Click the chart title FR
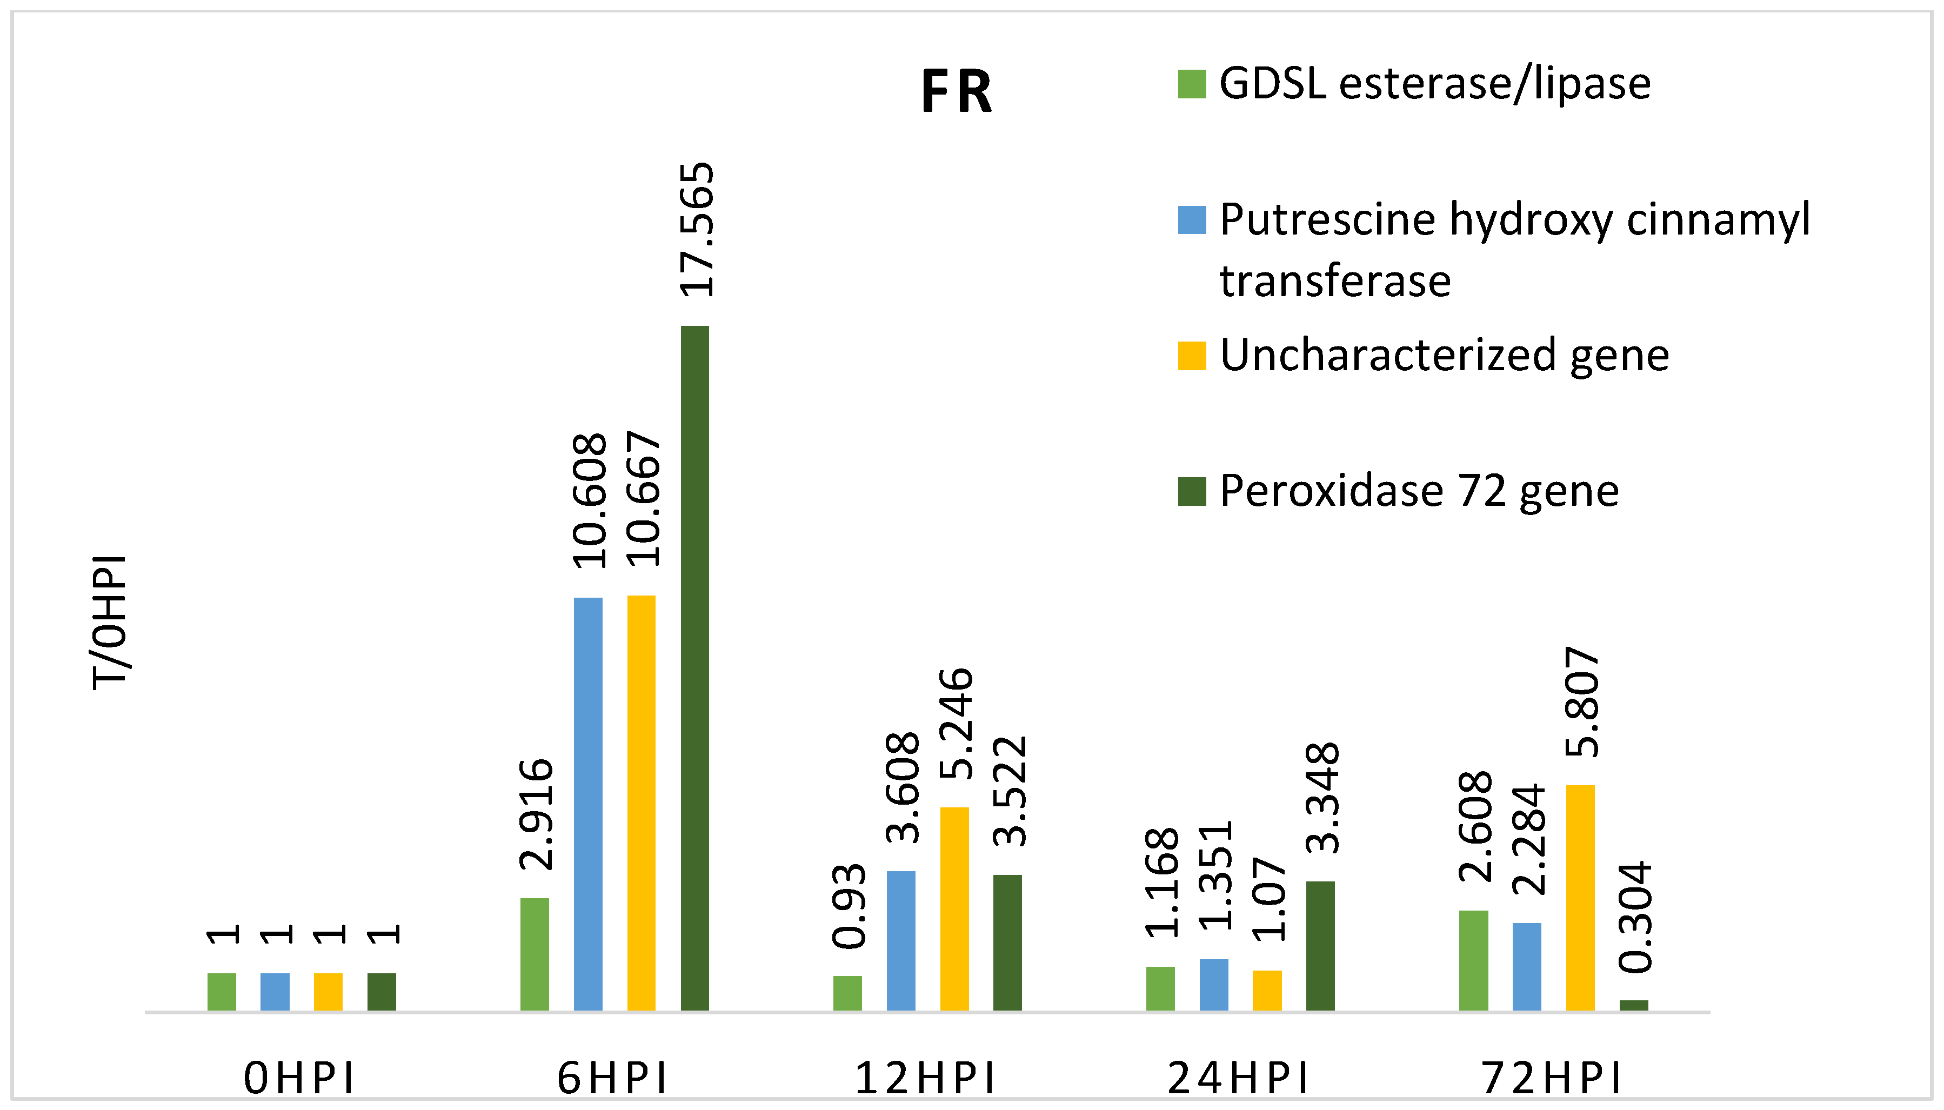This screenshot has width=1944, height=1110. click(x=956, y=92)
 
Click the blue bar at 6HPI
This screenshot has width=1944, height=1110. click(x=588, y=804)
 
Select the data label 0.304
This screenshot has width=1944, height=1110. click(x=1634, y=917)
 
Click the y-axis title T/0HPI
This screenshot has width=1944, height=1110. click(x=110, y=622)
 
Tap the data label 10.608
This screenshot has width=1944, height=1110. click(x=589, y=501)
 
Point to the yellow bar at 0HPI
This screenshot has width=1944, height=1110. click(x=328, y=991)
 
